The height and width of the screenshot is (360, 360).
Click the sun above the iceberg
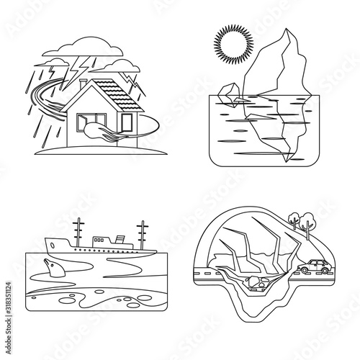coord(233,45)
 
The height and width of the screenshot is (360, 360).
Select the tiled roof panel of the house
coord(118,95)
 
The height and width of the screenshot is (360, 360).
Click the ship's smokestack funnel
coord(120,239)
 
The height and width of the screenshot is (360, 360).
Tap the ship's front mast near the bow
coord(78,233)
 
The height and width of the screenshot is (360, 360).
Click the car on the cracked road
coord(315,266)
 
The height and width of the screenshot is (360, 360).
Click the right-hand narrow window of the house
coord(127,122)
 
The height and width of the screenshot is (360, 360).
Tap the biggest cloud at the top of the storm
coord(83,48)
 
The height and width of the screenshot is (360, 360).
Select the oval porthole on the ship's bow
coord(52,246)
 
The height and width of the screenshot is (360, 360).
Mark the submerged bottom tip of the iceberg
coord(287,161)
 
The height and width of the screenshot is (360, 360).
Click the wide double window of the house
coord(91,122)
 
